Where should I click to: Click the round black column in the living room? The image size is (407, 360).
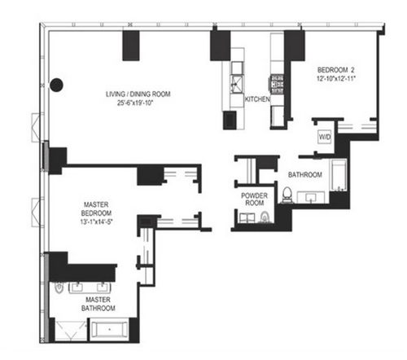point(57,85)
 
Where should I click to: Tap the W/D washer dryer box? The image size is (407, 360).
point(325,137)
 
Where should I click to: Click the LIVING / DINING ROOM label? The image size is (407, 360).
point(138,94)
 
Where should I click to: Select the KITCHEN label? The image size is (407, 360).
point(257,99)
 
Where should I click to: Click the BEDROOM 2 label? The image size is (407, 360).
point(336,70)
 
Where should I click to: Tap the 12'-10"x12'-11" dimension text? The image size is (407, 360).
point(336,79)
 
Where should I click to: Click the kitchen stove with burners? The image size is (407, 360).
point(277,85)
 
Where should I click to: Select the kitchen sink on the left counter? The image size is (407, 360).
point(237,85)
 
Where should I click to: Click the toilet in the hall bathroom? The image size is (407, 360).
point(287,195)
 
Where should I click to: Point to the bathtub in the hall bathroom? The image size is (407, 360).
point(339,175)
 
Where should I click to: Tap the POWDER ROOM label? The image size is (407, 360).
point(254,199)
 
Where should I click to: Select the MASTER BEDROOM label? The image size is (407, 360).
point(96,209)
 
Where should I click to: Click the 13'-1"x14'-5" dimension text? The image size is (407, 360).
point(96,222)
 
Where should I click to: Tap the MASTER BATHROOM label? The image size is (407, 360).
point(98,304)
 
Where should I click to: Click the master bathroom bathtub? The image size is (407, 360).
point(110,329)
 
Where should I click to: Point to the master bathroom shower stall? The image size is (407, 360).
point(71,330)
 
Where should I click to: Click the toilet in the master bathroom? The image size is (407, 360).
point(59,288)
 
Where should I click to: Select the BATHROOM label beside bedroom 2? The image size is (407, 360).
point(305,174)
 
